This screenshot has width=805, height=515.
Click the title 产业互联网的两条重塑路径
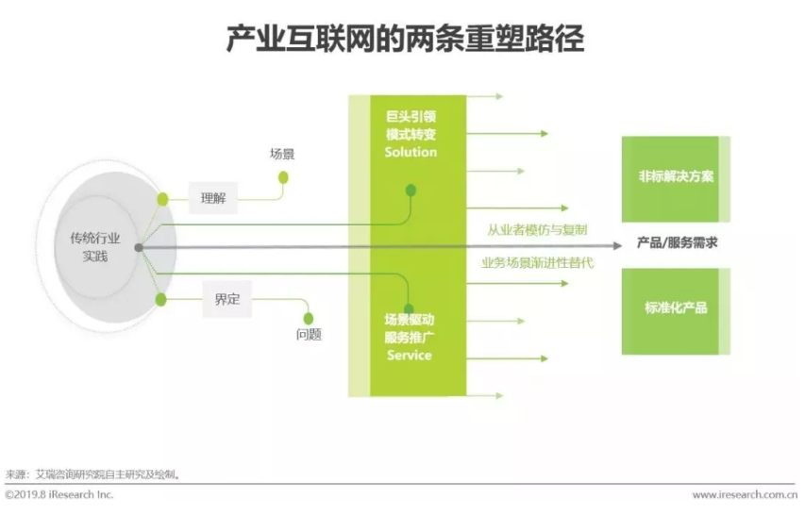[x=405, y=40]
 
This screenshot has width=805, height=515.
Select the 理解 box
[x=213, y=198]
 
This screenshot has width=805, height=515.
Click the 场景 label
[x=282, y=154]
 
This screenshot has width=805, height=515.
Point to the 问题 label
[x=309, y=335]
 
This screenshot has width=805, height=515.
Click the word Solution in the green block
[x=411, y=152]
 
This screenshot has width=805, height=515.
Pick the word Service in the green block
[x=410, y=356]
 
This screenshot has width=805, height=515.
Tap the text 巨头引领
[x=411, y=117]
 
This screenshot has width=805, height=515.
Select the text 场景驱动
[x=410, y=320]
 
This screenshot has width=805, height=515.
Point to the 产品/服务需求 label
[x=677, y=242]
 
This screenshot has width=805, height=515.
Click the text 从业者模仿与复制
[x=537, y=229]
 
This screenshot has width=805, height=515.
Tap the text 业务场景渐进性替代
[x=537, y=262]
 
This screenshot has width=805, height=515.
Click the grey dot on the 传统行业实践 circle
[x=139, y=247]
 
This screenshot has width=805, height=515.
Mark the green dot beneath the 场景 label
[x=283, y=176]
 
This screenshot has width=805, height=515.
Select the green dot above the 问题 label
[x=307, y=318]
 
